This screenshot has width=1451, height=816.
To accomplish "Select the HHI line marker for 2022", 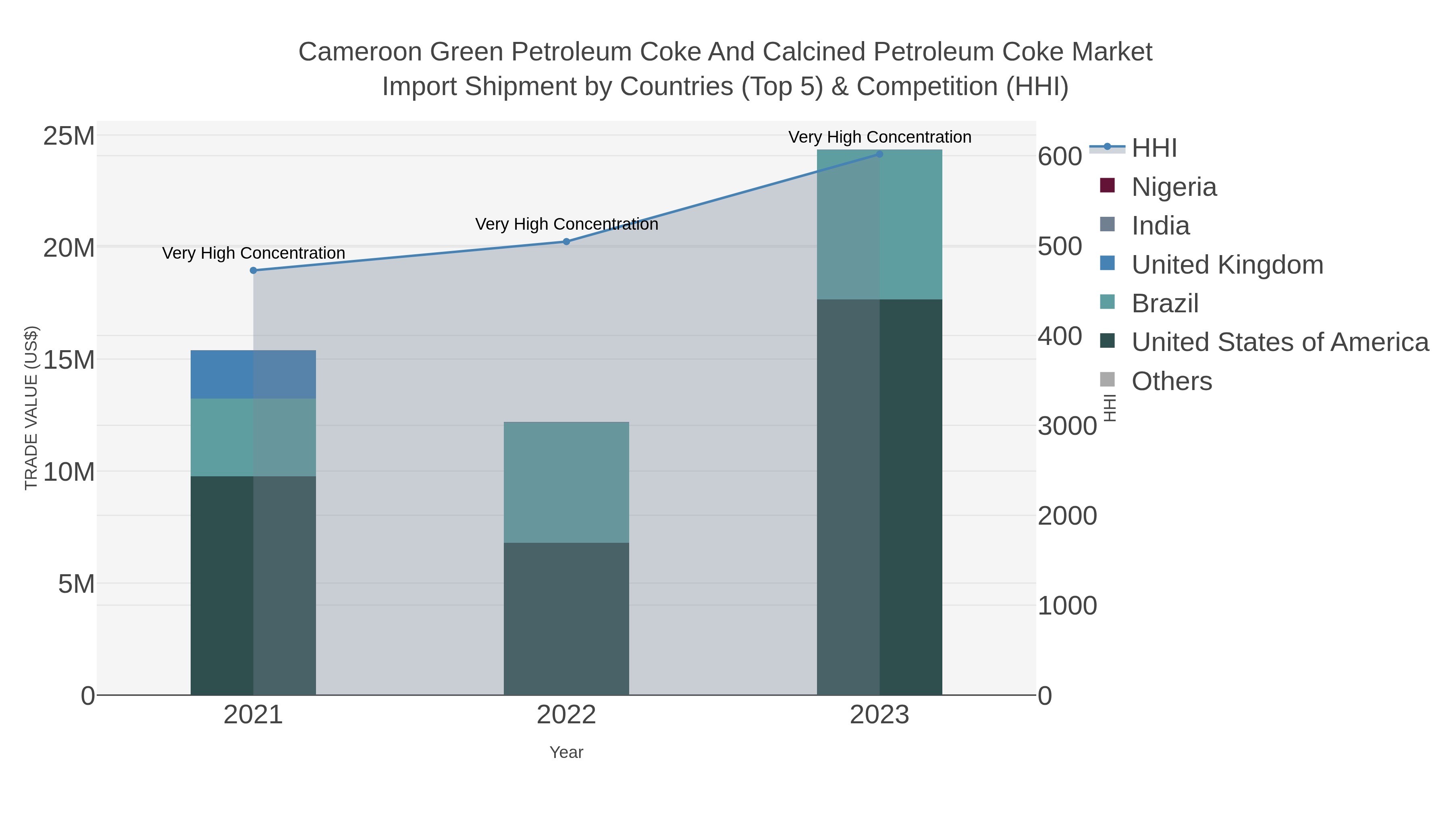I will tap(566, 242).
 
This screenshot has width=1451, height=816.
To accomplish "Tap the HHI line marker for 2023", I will tap(879, 154).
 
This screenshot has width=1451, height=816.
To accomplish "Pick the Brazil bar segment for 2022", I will tap(566, 483).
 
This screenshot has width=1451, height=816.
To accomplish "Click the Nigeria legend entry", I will tap(1174, 187).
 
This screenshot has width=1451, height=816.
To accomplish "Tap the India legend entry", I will tap(1160, 226).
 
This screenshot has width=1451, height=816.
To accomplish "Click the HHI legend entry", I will tap(1154, 148).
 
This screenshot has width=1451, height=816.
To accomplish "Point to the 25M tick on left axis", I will tap(69, 136).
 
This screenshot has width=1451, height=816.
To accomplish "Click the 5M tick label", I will tap(76, 584).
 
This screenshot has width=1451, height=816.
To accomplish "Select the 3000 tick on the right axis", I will tap(1067, 426).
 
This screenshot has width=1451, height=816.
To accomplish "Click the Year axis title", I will tap(566, 752).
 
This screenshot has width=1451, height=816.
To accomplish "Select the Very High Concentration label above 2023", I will tap(879, 137).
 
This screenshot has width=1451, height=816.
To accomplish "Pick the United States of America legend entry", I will tap(1280, 343).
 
